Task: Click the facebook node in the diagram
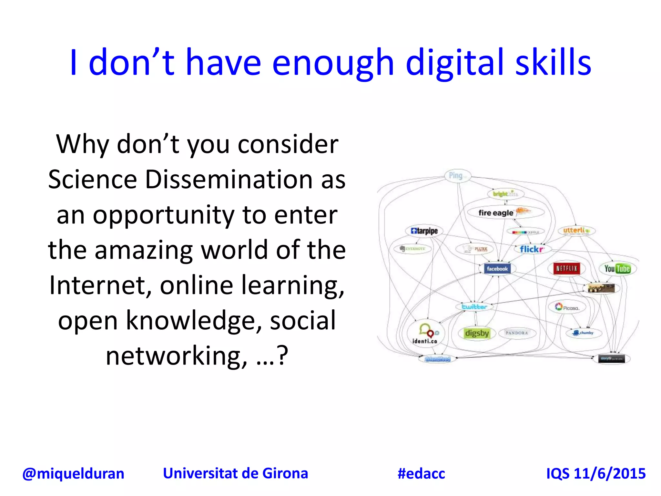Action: [497, 269]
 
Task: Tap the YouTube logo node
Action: [617, 269]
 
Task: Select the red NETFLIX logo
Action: [566, 268]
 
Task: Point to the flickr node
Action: [531, 249]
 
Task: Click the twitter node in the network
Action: [474, 307]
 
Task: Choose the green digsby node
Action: [477, 333]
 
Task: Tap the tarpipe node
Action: [424, 231]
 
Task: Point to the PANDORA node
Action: [517, 333]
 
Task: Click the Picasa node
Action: [567, 307]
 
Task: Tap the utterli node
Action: [576, 231]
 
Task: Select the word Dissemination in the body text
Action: [229, 180]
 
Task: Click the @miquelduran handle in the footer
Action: [73, 474]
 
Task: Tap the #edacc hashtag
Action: [421, 474]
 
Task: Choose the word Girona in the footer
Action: [285, 473]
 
